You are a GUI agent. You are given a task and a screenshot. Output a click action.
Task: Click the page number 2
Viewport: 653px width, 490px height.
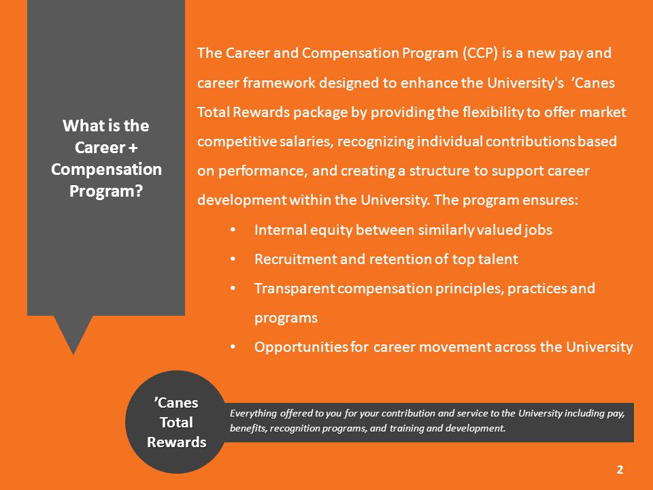click(620, 470)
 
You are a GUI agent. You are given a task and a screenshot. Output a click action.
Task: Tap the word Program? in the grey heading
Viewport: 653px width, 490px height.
click(106, 191)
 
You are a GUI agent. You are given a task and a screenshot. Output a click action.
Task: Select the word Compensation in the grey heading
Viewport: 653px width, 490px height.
click(106, 169)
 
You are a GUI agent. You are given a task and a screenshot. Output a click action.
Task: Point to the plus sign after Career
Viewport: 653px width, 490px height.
click(133, 148)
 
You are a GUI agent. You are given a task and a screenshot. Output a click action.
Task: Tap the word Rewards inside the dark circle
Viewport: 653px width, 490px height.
click(177, 442)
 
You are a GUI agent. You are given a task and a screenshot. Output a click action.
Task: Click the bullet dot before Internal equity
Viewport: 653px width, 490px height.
click(233, 230)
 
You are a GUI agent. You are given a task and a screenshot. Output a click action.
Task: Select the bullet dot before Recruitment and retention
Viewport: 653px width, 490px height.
click(233, 259)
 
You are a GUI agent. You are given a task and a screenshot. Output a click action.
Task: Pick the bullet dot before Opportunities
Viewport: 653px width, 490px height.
click(233, 346)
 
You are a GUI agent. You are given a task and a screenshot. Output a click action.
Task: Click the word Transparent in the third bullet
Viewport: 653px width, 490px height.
click(295, 289)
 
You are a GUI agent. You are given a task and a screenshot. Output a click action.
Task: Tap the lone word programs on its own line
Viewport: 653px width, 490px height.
click(286, 318)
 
